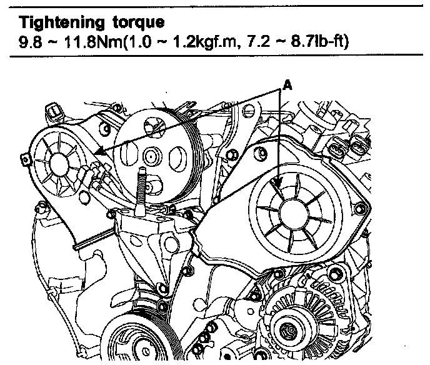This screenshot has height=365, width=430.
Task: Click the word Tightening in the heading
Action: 62,22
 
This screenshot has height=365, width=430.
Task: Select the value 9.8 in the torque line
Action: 30,42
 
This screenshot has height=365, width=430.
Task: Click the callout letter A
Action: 287,86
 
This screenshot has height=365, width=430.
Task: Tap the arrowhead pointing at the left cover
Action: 100,151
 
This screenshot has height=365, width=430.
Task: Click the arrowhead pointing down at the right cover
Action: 279,182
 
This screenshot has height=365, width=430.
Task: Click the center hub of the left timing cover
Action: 59,164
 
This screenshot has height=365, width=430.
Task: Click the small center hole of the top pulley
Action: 151,157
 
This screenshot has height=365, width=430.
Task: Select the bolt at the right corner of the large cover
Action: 359,209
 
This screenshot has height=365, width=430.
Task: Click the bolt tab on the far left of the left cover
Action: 25,159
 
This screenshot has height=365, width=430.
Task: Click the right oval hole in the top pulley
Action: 177,158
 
